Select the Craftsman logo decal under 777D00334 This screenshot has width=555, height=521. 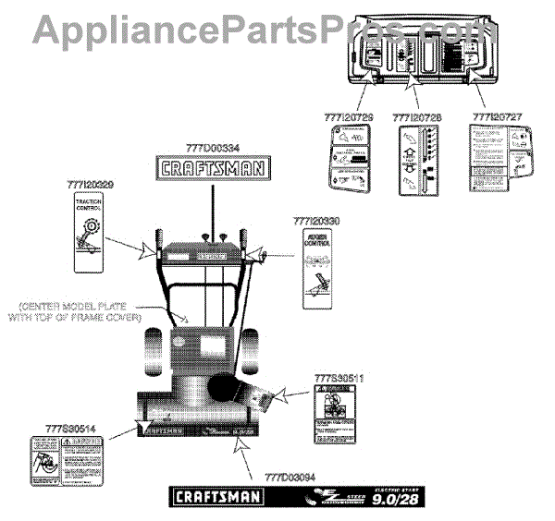click(212, 168)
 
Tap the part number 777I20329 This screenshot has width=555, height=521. click(92, 185)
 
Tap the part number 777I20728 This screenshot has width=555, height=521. click(413, 117)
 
